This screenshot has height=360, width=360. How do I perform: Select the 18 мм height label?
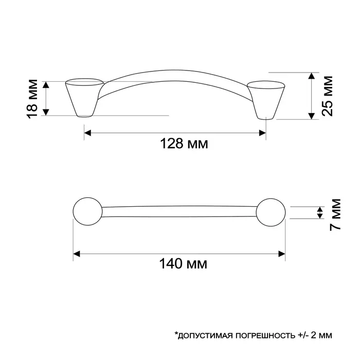click(x=32, y=98)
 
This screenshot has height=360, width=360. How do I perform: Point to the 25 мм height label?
click(x=327, y=96)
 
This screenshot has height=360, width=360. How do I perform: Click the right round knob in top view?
click(x=271, y=212)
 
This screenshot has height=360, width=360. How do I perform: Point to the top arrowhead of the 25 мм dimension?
click(x=312, y=76)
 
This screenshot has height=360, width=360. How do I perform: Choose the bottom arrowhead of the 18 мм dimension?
click(x=45, y=112)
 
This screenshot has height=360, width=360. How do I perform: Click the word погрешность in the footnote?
click(x=263, y=335)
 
